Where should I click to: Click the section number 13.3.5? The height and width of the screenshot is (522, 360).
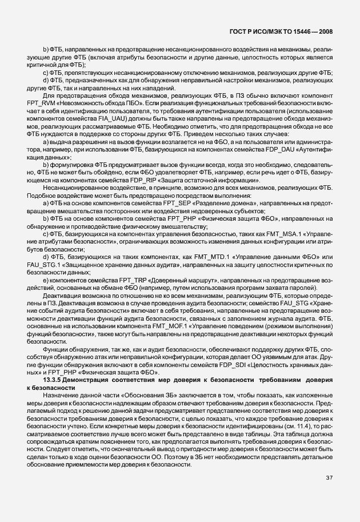click(x=54, y=380)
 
